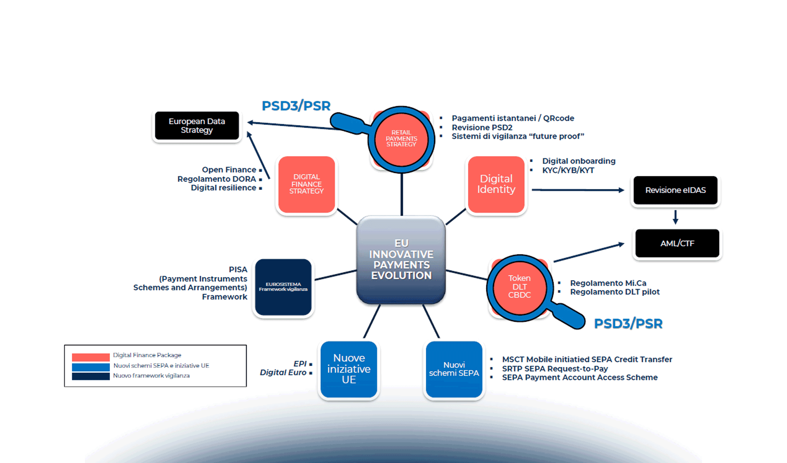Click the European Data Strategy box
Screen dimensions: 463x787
point(197,126)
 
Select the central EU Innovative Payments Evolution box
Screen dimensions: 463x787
point(401,259)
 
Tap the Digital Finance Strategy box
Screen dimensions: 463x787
point(307,184)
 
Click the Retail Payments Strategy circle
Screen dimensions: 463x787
point(401,139)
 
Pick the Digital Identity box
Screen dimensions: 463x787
point(496,184)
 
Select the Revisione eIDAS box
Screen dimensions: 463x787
point(676,190)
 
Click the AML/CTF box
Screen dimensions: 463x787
point(677,243)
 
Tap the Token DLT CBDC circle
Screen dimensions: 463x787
point(519,287)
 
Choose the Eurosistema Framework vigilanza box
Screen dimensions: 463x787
point(283,287)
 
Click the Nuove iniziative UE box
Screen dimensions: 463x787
point(349,369)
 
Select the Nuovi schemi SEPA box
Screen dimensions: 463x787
point(454,369)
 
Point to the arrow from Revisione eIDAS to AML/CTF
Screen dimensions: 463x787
point(676,217)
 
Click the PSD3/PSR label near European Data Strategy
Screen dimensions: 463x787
point(296,106)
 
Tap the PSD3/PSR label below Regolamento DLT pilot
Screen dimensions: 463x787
point(628,323)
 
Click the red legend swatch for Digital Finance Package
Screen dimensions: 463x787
point(91,357)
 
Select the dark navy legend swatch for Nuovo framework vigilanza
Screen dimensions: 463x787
point(91,376)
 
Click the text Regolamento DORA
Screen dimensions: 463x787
point(216,179)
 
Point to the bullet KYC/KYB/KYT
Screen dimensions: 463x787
point(568,171)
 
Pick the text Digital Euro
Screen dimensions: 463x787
point(283,373)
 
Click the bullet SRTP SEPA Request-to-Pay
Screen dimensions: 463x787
point(555,369)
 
